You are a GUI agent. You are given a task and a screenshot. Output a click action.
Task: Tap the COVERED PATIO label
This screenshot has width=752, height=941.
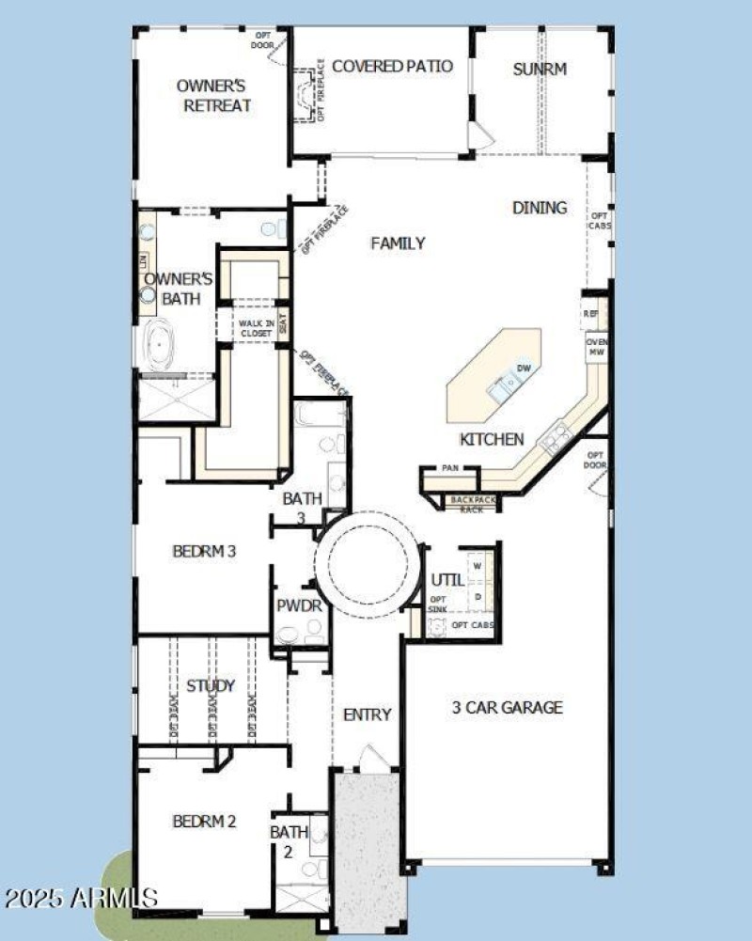tap(392, 67)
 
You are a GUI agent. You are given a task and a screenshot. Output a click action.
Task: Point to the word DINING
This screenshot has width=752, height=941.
tap(540, 208)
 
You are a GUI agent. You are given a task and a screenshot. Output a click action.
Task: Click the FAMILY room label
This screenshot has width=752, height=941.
tap(398, 243)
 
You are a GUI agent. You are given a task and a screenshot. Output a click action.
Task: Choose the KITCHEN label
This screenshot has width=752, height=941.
tap(491, 439)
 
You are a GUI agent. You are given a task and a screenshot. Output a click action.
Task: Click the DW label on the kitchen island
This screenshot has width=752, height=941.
tap(524, 369)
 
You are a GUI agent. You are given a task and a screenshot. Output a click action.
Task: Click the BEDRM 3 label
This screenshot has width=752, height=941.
tap(203, 552)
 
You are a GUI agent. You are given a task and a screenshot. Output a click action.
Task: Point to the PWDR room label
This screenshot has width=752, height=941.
tap(300, 606)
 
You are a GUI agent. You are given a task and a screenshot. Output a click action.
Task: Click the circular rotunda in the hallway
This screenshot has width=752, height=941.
tap(367, 565)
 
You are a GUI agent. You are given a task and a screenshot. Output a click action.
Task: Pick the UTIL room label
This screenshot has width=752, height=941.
tap(446, 580)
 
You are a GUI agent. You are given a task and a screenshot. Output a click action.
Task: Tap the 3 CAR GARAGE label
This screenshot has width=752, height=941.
tap(506, 707)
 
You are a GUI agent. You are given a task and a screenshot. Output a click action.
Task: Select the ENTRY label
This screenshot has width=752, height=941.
tap(367, 714)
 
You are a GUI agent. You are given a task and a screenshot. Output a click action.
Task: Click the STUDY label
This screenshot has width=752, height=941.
tap(210, 685)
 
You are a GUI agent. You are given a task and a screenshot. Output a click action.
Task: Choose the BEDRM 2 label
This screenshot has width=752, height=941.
tap(204, 822)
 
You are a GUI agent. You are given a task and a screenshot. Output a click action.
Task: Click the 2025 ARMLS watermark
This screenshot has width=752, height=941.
tap(81, 897)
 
